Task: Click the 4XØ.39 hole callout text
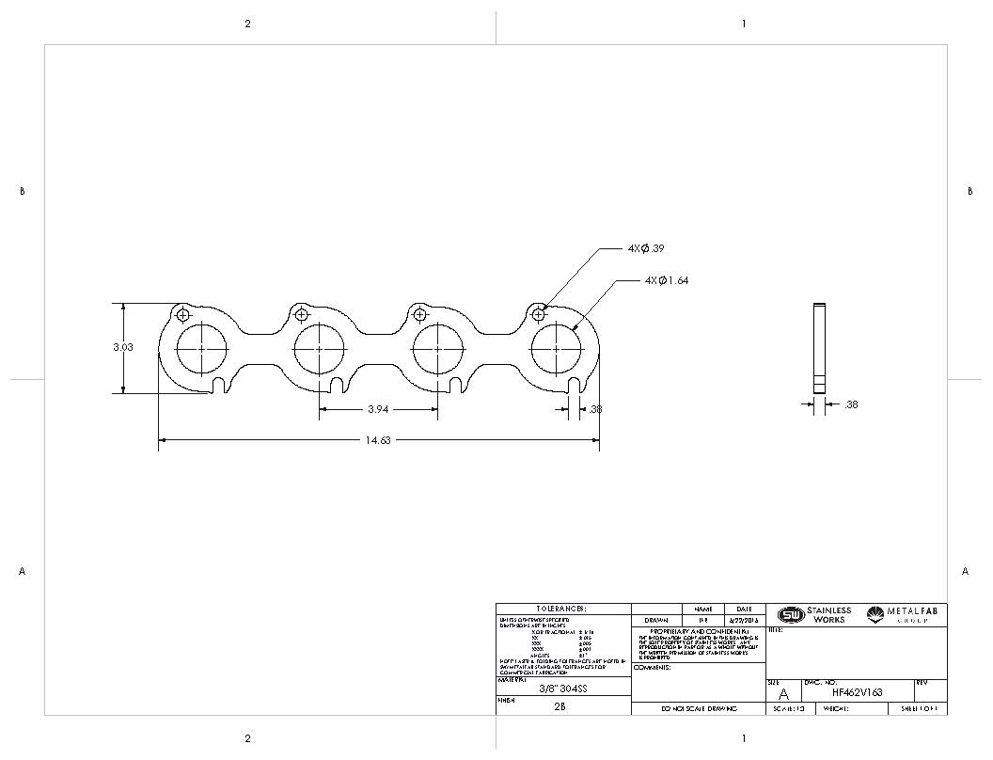[647, 248]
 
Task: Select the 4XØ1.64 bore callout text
[667, 280]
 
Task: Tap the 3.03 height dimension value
[123, 347]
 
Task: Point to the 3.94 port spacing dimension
[378, 409]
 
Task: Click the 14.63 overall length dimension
[378, 440]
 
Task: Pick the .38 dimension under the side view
[850, 404]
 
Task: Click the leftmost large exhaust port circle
[202, 348]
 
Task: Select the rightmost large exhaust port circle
[556, 348]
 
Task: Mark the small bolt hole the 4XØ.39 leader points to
[538, 313]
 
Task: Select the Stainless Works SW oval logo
[791, 615]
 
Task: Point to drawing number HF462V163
[857, 692]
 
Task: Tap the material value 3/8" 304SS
[562, 688]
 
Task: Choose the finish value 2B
[560, 705]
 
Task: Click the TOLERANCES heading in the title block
[562, 609]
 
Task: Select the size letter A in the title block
[784, 694]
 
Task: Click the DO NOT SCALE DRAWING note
[698, 708]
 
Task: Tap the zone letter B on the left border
[22, 191]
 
